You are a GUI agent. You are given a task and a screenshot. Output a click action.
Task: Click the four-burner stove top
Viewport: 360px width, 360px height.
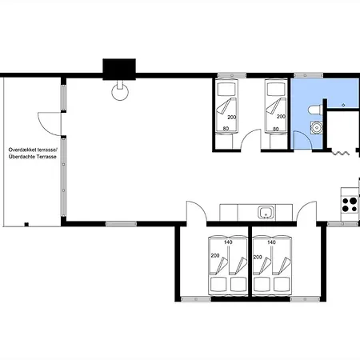[x=350, y=204]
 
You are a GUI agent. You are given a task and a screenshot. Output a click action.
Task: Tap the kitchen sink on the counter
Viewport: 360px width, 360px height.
[x=266, y=212]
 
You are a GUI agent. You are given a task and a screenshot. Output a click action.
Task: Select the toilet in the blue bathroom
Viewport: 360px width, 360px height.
[x=315, y=110]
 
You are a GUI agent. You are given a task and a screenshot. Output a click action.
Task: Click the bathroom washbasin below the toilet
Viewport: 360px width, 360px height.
[x=317, y=127]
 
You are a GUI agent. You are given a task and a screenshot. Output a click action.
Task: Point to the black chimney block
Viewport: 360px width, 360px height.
[x=119, y=69]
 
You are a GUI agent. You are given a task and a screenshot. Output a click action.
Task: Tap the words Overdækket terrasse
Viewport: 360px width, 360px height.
[x=33, y=150]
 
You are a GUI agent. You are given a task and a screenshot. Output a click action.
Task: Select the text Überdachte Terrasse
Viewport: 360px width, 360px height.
[x=33, y=157]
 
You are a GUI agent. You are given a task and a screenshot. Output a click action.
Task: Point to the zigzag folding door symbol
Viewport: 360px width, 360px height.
[x=341, y=153]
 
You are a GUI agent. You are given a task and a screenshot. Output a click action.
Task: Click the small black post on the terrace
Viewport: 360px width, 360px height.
[x=26, y=224]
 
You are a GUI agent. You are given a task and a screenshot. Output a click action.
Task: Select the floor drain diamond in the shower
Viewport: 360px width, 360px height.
[x=343, y=105]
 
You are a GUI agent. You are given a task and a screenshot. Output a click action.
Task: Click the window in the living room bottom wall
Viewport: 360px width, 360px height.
[x=121, y=224]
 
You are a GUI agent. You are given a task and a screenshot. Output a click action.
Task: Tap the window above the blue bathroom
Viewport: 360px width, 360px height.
[x=308, y=75]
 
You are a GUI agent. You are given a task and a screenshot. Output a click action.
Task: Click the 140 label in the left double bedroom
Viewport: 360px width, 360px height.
[x=228, y=242]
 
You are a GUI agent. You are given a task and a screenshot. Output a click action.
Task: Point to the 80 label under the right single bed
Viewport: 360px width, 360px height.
[x=276, y=129]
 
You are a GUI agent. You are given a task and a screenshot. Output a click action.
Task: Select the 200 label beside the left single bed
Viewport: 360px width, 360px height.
[x=232, y=117]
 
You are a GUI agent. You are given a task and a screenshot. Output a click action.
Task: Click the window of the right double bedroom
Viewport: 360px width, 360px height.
[x=305, y=299]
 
